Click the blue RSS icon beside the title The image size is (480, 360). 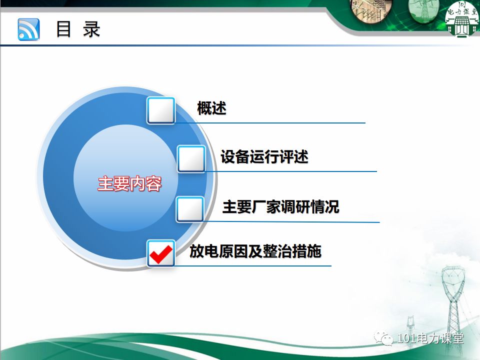coord(28,29)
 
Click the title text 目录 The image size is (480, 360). coord(77,29)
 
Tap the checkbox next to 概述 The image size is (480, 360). coord(161,110)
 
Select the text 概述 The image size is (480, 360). coord(211,108)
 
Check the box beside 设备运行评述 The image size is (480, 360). coord(191,159)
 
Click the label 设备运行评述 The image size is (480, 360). coord(264,157)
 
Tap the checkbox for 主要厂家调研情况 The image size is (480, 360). coord(190,209)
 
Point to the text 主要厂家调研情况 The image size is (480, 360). coord(280,206)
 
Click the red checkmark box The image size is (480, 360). coord(161,253)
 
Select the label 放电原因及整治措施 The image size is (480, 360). coord(255,251)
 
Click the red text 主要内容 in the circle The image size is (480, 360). coord(129,184)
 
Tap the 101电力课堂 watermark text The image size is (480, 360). coord(430,338)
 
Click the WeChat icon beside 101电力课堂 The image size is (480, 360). coord(387,339)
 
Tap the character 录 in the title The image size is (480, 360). coord(91,29)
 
